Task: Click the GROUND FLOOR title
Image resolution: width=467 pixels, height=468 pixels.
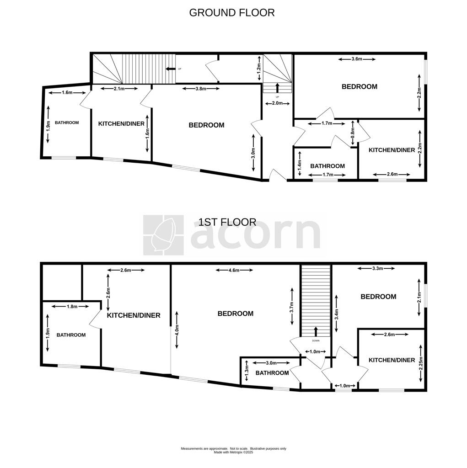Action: (x=232, y=12)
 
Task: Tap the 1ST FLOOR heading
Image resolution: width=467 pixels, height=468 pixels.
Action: (x=227, y=222)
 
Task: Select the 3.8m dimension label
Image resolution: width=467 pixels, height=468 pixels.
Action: (x=201, y=89)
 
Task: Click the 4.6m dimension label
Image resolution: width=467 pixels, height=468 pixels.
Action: (x=234, y=271)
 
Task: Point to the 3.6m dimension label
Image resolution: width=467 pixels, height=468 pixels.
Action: (x=357, y=59)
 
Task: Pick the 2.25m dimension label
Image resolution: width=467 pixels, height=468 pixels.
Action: (x=421, y=363)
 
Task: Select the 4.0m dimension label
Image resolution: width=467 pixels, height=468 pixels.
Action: (x=177, y=330)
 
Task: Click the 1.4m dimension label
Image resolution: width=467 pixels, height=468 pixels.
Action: (x=300, y=164)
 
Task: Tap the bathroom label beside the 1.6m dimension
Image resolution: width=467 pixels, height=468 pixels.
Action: (x=67, y=122)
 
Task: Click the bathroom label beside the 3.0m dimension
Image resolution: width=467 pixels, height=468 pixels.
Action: (x=272, y=373)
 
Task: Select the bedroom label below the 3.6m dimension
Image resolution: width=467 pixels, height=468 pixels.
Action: (x=360, y=86)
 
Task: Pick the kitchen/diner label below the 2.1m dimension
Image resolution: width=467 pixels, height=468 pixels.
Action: (x=121, y=123)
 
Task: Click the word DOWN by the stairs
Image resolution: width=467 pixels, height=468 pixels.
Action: (x=316, y=340)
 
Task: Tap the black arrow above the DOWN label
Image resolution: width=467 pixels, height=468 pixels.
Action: (x=316, y=332)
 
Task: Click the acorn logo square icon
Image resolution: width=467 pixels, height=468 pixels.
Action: (x=163, y=235)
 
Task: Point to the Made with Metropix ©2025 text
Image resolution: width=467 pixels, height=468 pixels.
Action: (x=233, y=452)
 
